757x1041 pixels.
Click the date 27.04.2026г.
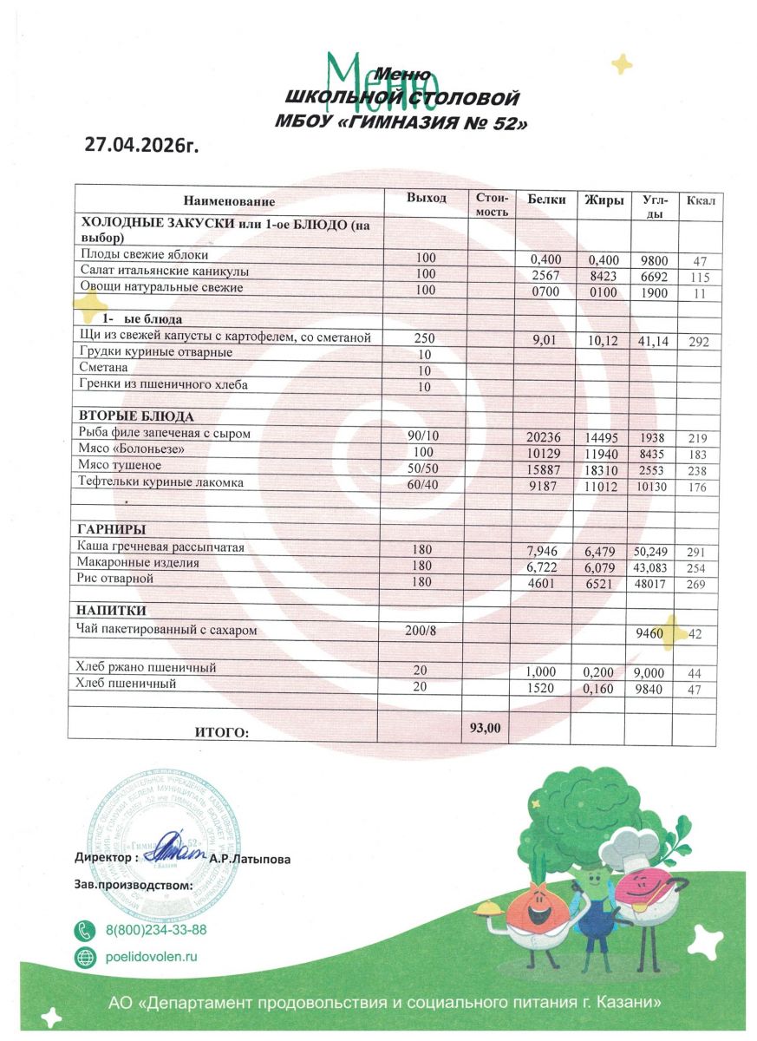[x=141, y=144]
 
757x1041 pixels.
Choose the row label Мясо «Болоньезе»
[x=132, y=448]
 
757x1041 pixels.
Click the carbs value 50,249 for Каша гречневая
[x=651, y=551]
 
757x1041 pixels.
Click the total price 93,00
[x=486, y=728]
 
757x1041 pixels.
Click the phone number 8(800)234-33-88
[x=156, y=930]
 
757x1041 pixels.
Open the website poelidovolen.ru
[x=152, y=957]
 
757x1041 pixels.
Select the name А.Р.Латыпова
[x=251, y=859]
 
